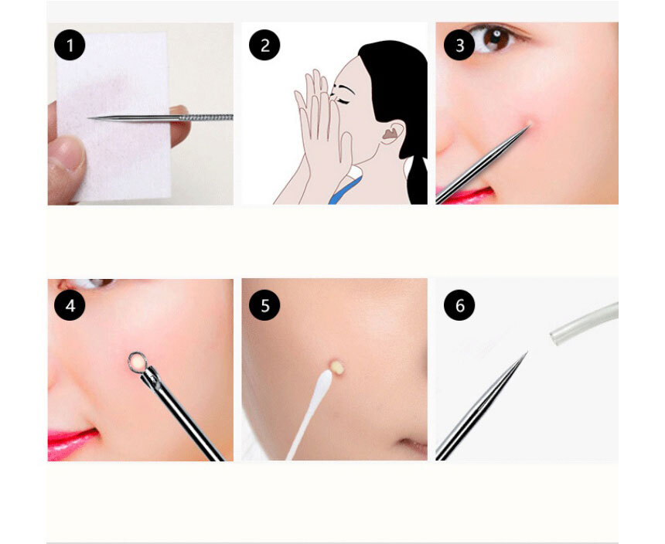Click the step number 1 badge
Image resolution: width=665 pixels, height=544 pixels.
[x=70, y=45]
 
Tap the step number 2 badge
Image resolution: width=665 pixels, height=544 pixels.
[x=264, y=45]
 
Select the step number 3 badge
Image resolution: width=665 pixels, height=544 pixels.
[x=459, y=45]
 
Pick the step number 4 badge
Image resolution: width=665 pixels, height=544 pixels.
[x=70, y=305]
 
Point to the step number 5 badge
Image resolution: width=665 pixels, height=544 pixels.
[x=264, y=305]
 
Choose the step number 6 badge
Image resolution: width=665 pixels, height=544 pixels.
[x=459, y=305]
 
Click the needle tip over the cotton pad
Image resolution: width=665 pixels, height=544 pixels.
[x=89, y=118]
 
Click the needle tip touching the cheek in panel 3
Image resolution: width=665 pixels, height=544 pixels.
[x=529, y=124]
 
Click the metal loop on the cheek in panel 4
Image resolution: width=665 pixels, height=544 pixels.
[x=138, y=362]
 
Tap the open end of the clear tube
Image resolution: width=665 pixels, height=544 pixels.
[x=554, y=338]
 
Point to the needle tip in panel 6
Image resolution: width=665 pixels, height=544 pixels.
[x=527, y=352]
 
